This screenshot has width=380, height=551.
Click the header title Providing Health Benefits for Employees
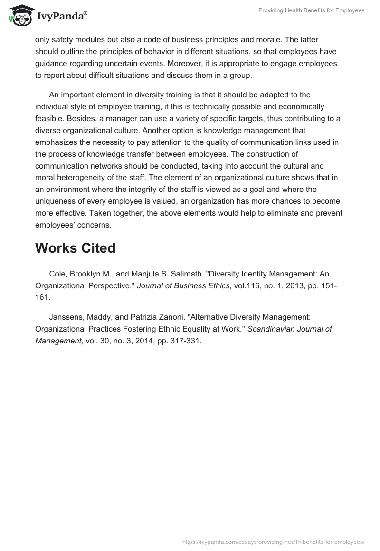[x=312, y=10]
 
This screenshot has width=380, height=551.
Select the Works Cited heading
[x=75, y=248]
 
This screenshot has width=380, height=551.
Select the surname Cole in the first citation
[x=58, y=274]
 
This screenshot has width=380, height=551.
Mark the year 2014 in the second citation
[x=146, y=341]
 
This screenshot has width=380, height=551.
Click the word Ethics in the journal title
[x=218, y=285]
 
